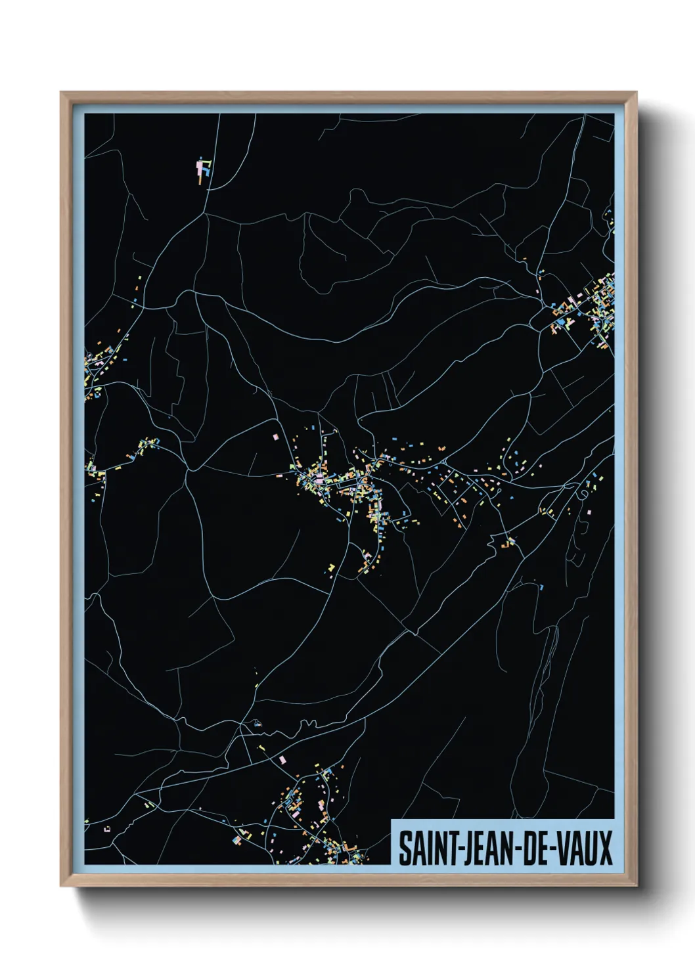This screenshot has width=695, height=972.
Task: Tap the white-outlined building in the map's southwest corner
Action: coord(107,829)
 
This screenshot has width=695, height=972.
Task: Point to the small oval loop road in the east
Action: coord(583,493)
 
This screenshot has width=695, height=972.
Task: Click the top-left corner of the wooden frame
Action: coord(62,93)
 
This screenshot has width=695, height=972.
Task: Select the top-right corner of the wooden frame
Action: coord(635,93)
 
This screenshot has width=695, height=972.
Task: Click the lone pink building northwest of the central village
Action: coord(276,435)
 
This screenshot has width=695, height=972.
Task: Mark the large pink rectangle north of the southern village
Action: coord(283,759)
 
